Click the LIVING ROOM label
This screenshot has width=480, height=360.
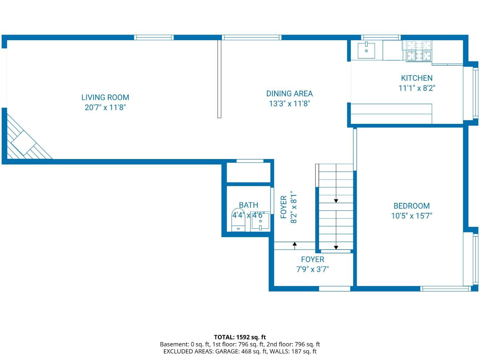105,97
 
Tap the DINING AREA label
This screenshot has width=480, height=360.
289,93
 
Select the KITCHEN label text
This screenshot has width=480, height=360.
417,78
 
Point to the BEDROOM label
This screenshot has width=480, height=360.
412,206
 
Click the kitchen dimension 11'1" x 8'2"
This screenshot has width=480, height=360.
417,88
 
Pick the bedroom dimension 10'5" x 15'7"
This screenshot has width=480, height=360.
412,216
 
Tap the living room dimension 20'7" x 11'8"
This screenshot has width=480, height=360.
105,107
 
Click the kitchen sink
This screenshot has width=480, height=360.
366,51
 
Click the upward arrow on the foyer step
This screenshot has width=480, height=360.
295,246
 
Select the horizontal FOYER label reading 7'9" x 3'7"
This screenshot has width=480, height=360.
313,264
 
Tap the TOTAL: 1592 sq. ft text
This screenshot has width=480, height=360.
240,337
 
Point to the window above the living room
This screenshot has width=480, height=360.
154,37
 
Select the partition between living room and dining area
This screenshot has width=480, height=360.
219,79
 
